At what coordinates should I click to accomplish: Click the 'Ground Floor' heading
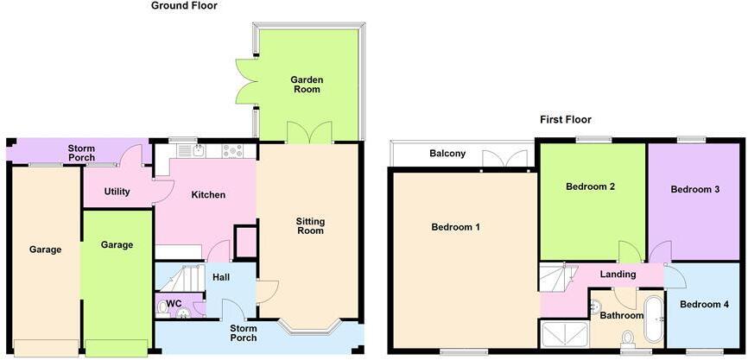point(184,6)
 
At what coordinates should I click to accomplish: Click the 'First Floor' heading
point(566,120)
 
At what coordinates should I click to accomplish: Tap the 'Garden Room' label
point(305,84)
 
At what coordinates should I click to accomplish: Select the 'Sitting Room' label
point(310,225)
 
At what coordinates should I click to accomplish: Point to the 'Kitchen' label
point(207,195)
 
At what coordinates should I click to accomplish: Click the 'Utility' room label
point(116,192)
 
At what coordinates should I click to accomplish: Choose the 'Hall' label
point(220,277)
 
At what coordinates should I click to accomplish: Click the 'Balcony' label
point(447,155)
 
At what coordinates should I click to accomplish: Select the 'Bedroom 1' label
point(455,227)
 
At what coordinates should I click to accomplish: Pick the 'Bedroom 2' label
point(590,186)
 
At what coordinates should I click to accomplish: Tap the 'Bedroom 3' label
point(694,189)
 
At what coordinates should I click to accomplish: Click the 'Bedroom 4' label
point(703,305)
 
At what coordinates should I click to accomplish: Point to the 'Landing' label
point(618,275)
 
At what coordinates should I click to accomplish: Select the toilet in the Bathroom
point(628,338)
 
